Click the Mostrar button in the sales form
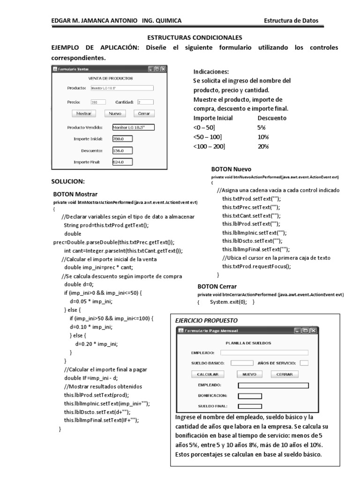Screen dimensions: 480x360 pyautogui.click(x=84, y=113)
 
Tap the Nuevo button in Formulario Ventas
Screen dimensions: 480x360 pyautogui.click(x=115, y=113)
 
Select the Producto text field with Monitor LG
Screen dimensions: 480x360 pyautogui.click(x=122, y=88)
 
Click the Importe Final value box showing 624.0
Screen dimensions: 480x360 pyautogui.click(x=122, y=162)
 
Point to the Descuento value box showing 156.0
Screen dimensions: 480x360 pyautogui.click(x=122, y=150)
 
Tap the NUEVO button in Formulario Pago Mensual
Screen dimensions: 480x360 pyautogui.click(x=249, y=374)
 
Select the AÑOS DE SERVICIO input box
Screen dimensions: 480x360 pyautogui.click(x=304, y=363)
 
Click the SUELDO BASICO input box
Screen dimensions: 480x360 pyautogui.click(x=242, y=363)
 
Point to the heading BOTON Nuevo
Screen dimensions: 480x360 pyautogui.click(x=231, y=169)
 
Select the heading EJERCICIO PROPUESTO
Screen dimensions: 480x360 pyautogui.click(x=206, y=320)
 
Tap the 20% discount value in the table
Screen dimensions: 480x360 pyautogui.click(x=263, y=147)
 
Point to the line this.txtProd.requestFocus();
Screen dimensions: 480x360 pyautogui.click(x=256, y=266)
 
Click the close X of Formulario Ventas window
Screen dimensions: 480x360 pyautogui.click(x=163, y=69)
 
